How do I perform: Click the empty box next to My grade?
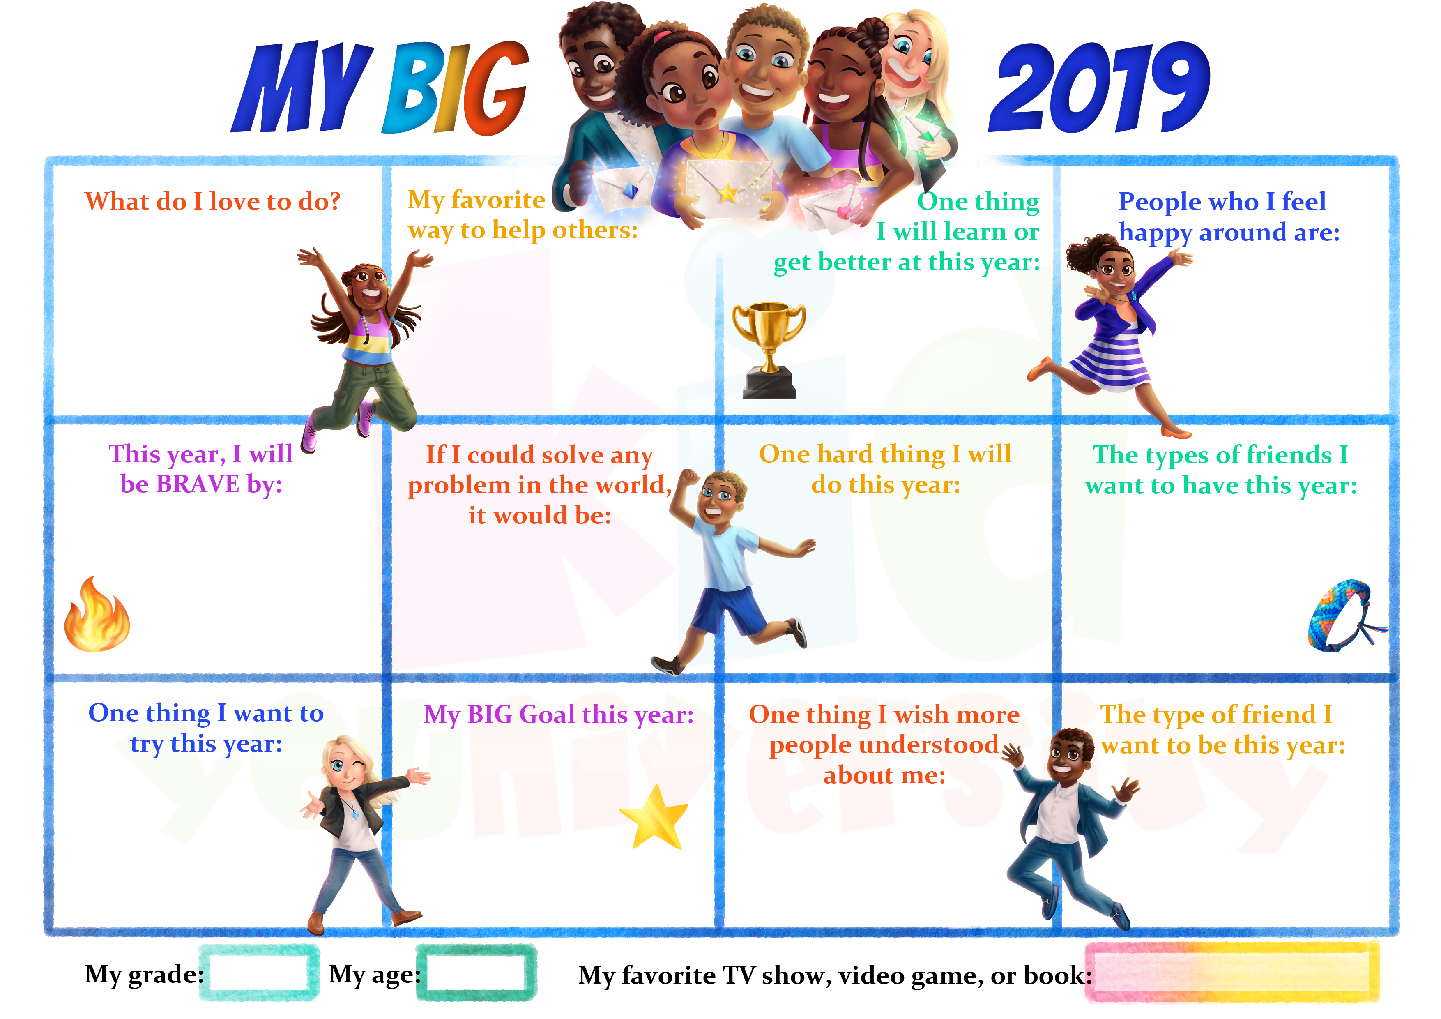click(x=258, y=973)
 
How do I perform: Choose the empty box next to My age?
click(x=476, y=973)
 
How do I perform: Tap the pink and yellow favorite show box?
click(x=1232, y=972)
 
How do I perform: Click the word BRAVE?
click(x=198, y=484)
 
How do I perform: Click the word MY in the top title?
click(x=301, y=88)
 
